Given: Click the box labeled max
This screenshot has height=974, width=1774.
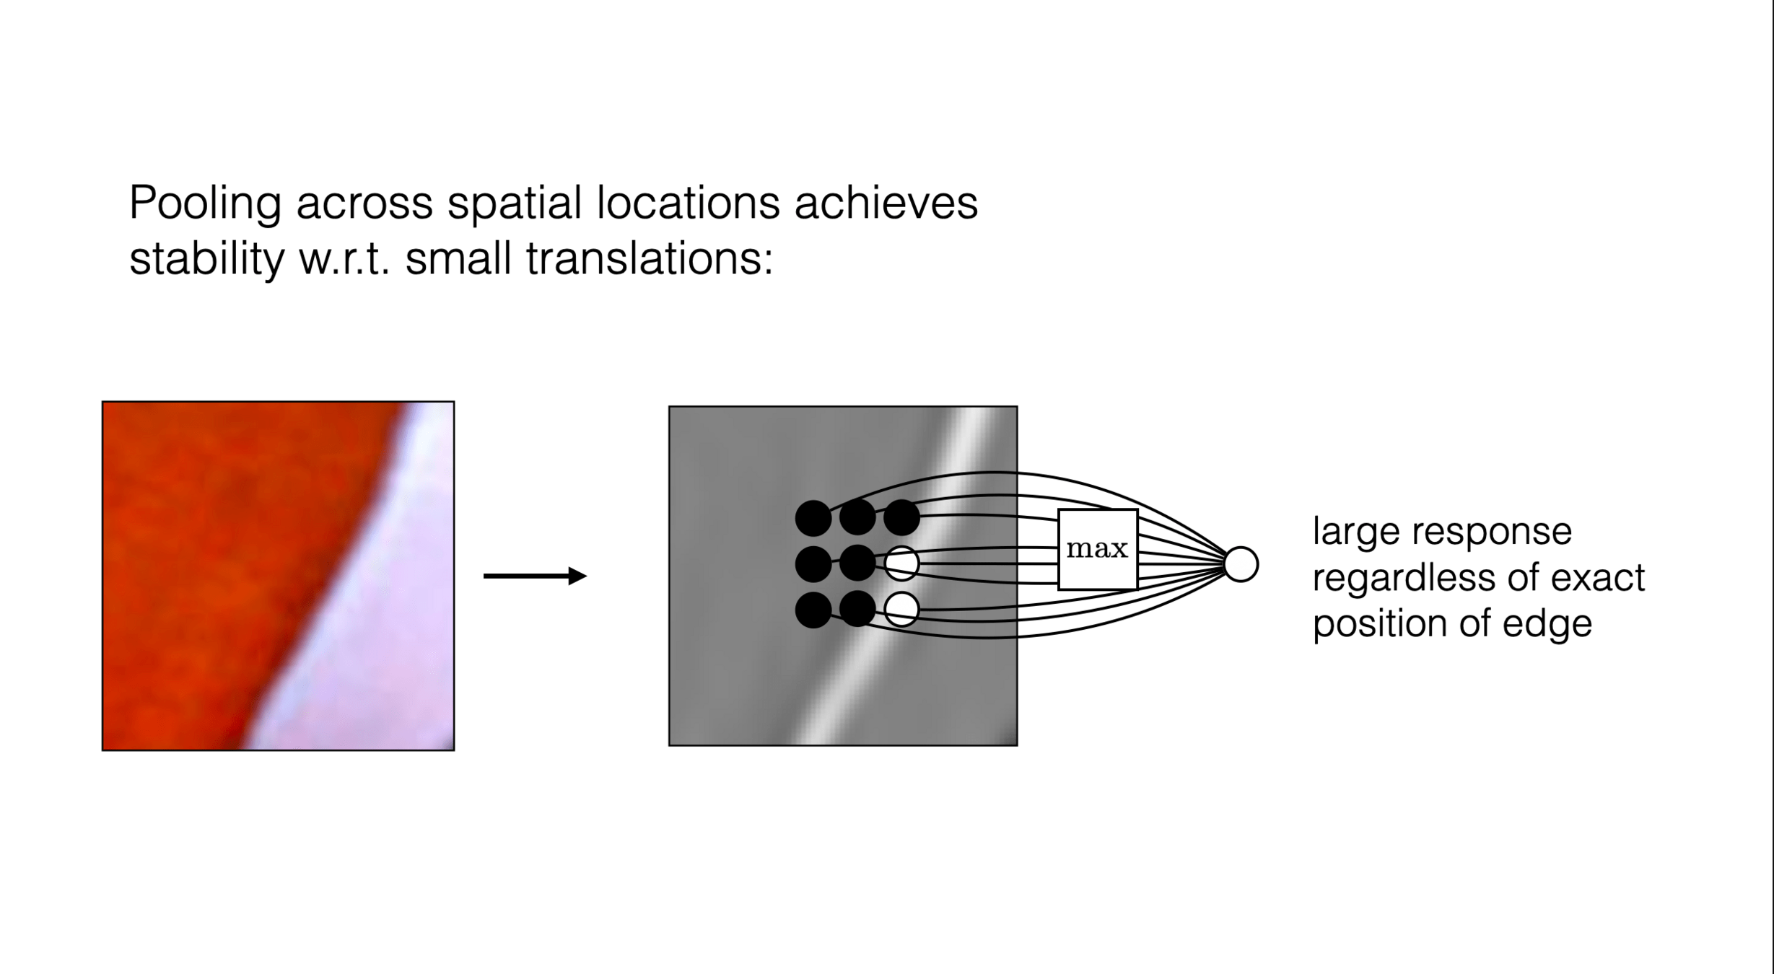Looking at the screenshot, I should click(x=1097, y=549).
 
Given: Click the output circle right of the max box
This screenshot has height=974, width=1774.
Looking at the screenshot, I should click(x=1241, y=564).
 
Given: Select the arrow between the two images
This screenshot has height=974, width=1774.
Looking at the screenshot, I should click(x=535, y=576).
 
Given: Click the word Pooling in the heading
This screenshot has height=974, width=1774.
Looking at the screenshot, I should click(x=205, y=204).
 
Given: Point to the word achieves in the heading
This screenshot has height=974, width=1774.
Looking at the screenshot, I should click(x=886, y=203).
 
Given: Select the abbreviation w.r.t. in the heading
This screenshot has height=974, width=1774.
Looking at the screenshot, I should click(x=344, y=259).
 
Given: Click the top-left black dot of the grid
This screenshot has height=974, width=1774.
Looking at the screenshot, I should click(x=813, y=518).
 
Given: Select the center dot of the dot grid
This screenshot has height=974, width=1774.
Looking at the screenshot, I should click(x=857, y=563).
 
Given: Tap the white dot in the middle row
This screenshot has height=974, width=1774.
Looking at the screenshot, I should click(x=901, y=563).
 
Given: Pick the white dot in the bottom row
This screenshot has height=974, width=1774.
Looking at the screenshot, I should click(x=901, y=610).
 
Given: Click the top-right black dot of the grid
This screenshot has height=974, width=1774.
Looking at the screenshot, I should click(x=901, y=518).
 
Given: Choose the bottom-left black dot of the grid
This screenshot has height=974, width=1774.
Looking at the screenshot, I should click(x=813, y=610).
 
